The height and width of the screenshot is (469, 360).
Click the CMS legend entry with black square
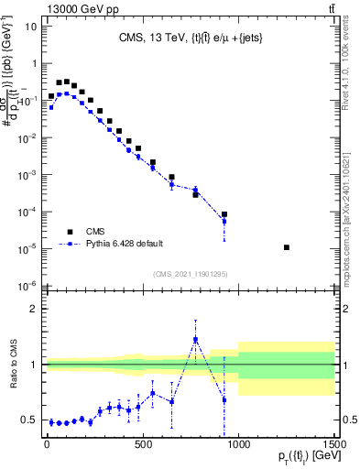coord(76,232)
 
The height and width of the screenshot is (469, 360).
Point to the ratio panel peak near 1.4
coord(195,340)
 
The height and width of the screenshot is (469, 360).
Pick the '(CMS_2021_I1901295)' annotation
coord(190,273)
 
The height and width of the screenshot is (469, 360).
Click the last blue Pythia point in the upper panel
coord(224,221)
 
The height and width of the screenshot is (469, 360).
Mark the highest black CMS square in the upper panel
coord(66,82)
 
